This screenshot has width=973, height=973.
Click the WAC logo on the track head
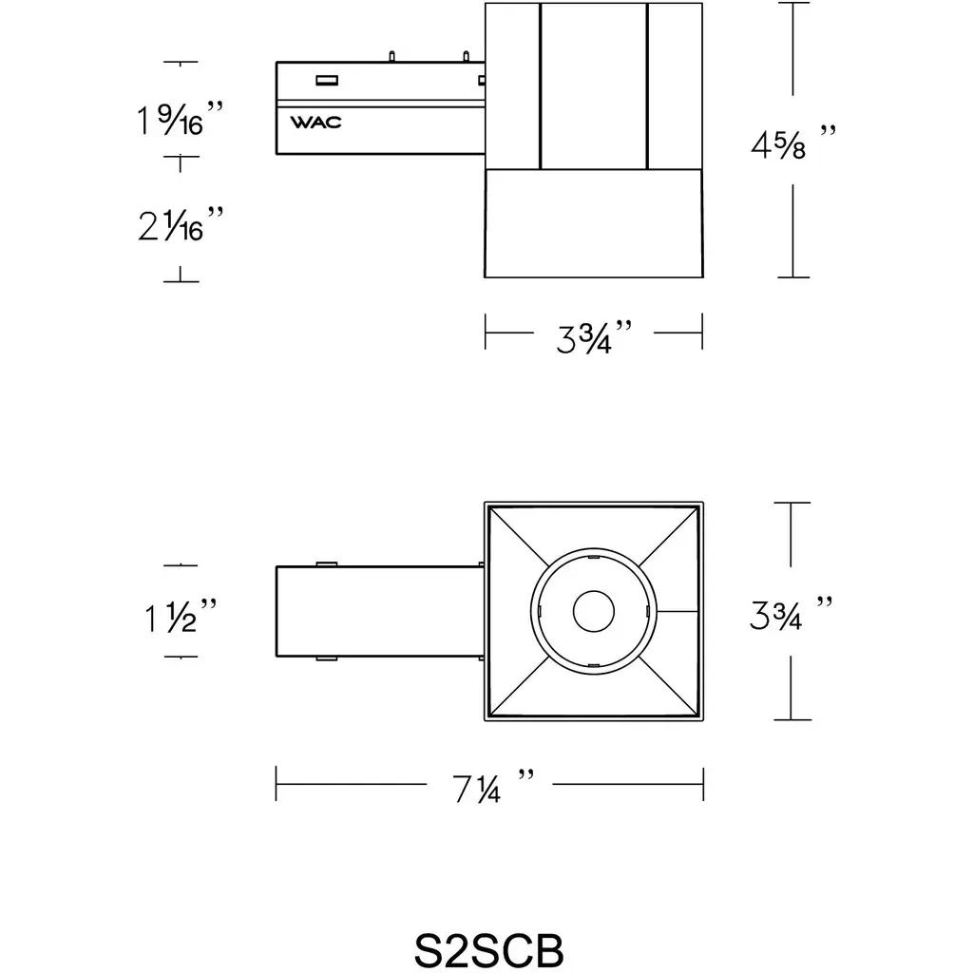click(315, 123)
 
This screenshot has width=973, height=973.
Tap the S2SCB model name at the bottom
click(488, 949)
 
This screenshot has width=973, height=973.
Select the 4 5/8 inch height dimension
click(792, 144)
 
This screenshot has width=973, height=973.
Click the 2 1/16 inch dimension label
click(180, 223)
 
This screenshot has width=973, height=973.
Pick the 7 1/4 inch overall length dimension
click(493, 787)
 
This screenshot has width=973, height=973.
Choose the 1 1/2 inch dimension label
click(180, 616)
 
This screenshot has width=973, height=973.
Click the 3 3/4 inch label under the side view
click(593, 337)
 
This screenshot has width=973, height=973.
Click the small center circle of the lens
click(594, 611)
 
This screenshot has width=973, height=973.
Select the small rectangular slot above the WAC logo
click(327, 80)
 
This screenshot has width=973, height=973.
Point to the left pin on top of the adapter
click(391, 56)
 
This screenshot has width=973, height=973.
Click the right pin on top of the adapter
click(466, 56)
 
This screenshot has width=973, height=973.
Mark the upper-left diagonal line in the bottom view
click(519, 536)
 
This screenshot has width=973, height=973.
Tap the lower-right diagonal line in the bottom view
click(668, 686)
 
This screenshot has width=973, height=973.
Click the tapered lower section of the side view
click(594, 222)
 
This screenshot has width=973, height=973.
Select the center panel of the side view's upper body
click(594, 86)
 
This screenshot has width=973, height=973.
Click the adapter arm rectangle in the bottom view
click(380, 611)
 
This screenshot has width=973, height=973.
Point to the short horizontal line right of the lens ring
click(677, 611)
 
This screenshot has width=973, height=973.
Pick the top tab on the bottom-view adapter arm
click(327, 564)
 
